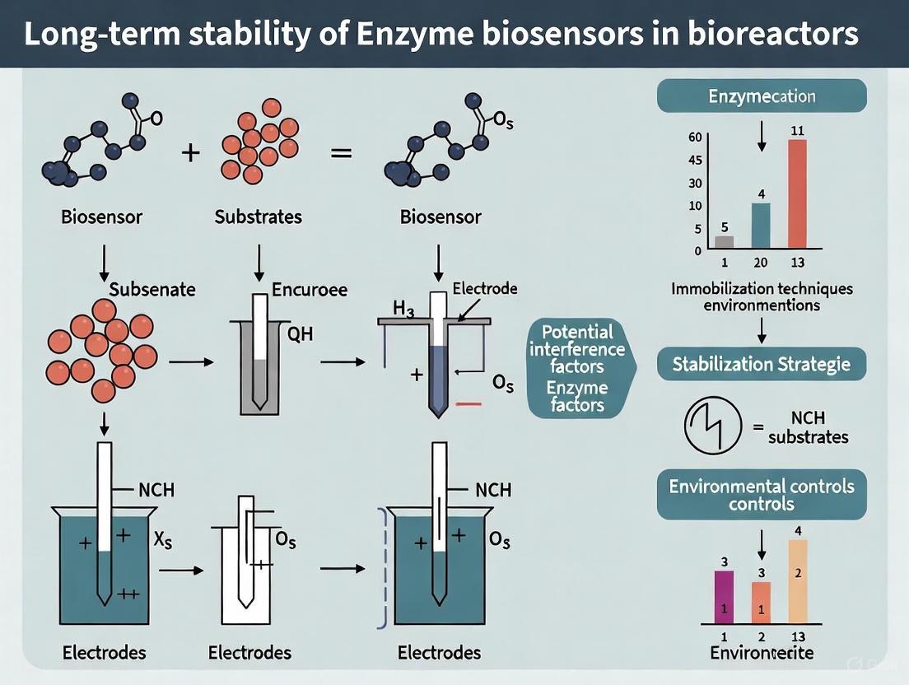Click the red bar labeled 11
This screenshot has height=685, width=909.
point(797,194)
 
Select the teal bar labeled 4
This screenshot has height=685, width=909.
point(761,225)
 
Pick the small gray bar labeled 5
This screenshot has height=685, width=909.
point(724,241)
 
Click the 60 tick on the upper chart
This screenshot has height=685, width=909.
point(696,137)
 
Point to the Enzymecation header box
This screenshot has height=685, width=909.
point(762,96)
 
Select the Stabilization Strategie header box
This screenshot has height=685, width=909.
point(762,363)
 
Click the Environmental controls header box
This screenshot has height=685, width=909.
point(762,494)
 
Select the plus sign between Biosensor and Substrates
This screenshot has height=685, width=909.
point(191,153)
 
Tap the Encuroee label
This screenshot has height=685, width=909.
point(309,290)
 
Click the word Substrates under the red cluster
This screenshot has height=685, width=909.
point(258,217)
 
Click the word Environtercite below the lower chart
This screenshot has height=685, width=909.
point(761,653)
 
